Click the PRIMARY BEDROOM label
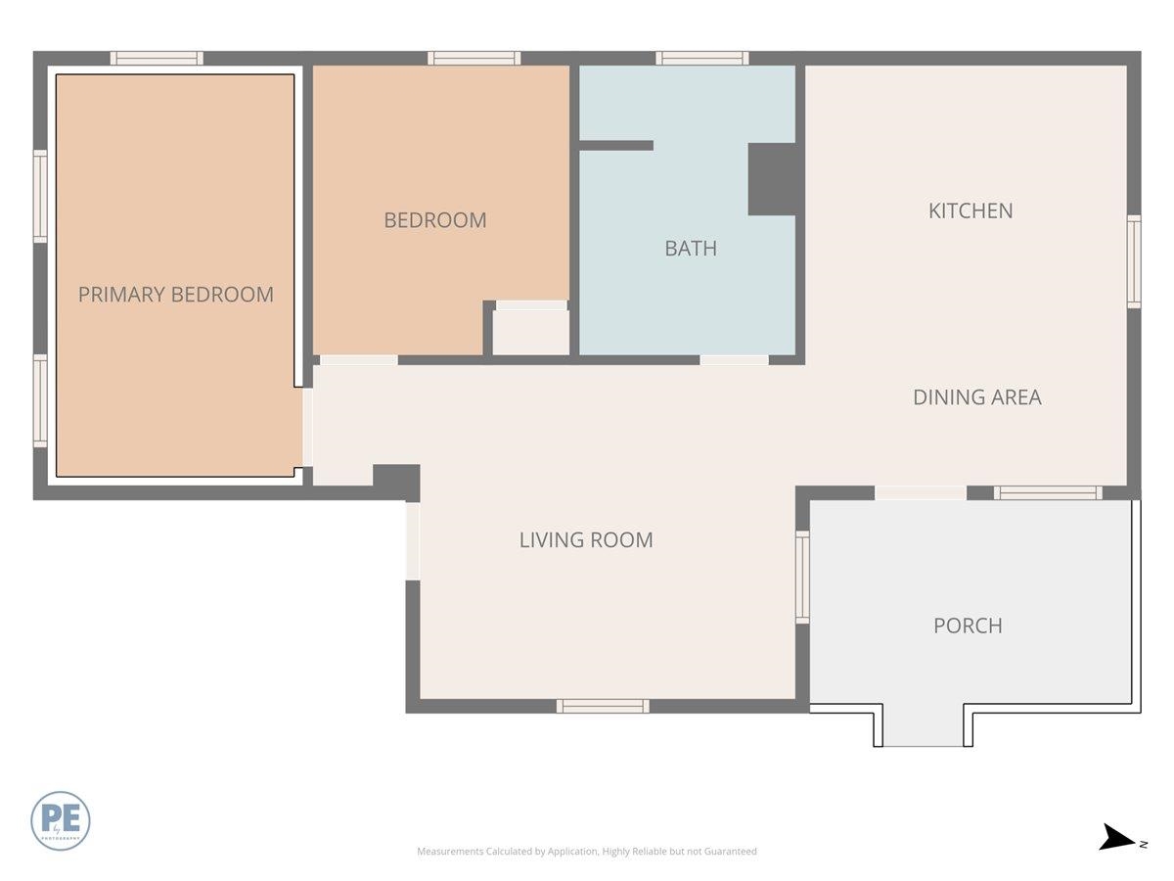click(x=176, y=295)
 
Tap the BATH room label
click(x=691, y=249)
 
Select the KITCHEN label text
click(x=971, y=210)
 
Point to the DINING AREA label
click(x=976, y=397)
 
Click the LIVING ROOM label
click(x=586, y=539)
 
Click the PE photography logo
click(x=61, y=820)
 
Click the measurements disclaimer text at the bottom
click(x=587, y=852)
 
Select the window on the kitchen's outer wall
click(x=1133, y=262)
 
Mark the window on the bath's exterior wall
click(x=701, y=58)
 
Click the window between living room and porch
click(x=802, y=577)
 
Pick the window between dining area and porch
click(x=1048, y=492)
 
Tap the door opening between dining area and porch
click(x=920, y=492)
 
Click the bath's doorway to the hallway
click(x=734, y=360)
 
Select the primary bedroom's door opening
click(x=307, y=428)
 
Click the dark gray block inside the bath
click(x=772, y=179)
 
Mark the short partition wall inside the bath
click(x=616, y=146)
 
